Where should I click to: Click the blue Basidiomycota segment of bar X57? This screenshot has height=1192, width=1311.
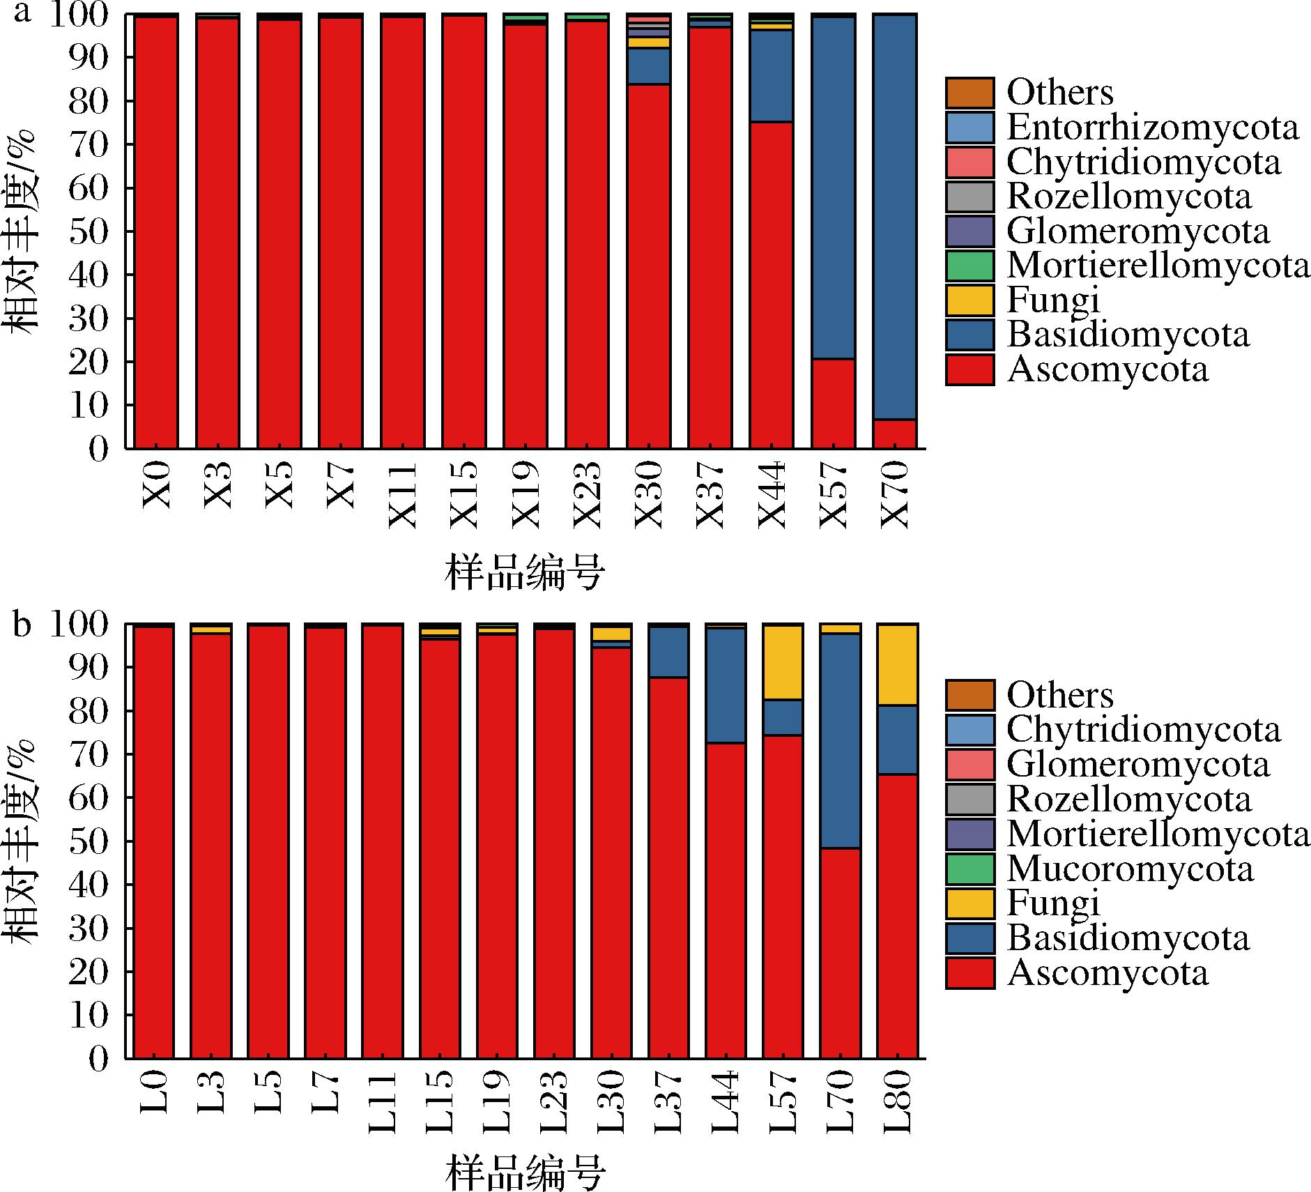834,188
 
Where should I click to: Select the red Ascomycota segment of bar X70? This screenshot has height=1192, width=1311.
895,433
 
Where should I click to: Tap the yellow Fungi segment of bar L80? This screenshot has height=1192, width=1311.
897,664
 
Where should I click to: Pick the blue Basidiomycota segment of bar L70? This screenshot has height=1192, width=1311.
840,740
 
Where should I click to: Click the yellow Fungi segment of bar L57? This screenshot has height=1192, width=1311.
783,662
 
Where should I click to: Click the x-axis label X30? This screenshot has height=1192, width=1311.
649,494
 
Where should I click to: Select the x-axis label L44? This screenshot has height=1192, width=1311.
726,1102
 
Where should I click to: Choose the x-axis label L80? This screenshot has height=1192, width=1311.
898,1102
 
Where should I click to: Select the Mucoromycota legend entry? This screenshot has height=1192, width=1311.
1130,869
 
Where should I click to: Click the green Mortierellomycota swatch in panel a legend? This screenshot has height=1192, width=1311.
969,266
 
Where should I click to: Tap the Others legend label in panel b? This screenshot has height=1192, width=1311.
1060,695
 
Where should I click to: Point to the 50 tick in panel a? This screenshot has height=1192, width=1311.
90,232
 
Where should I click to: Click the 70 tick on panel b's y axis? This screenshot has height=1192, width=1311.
90,755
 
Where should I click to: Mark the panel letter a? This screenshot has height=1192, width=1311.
22,13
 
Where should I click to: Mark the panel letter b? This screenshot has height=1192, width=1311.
22,625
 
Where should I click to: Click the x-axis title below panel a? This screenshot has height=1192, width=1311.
524,574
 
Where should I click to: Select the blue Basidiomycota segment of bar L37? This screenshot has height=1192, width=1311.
668,652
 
